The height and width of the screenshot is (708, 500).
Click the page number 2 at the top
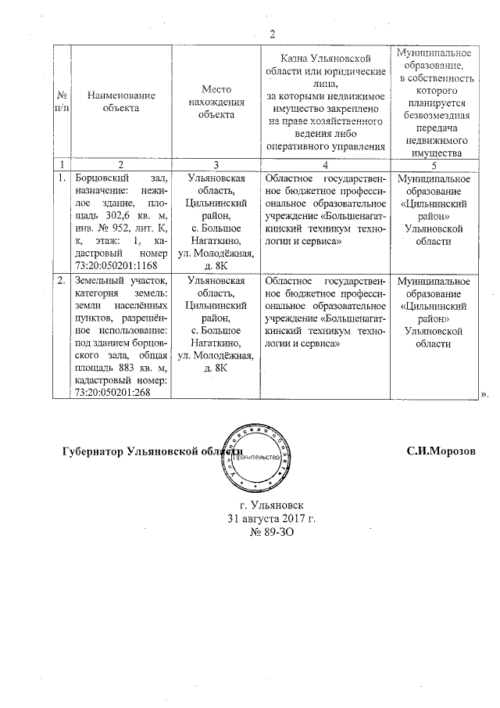coord(273,33)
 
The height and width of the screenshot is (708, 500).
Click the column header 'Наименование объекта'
coord(120,102)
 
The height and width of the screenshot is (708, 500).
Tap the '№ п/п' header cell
coord(62,102)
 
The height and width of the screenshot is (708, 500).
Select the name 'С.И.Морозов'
coord(440,452)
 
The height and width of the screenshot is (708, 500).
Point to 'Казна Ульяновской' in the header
coord(325,59)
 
